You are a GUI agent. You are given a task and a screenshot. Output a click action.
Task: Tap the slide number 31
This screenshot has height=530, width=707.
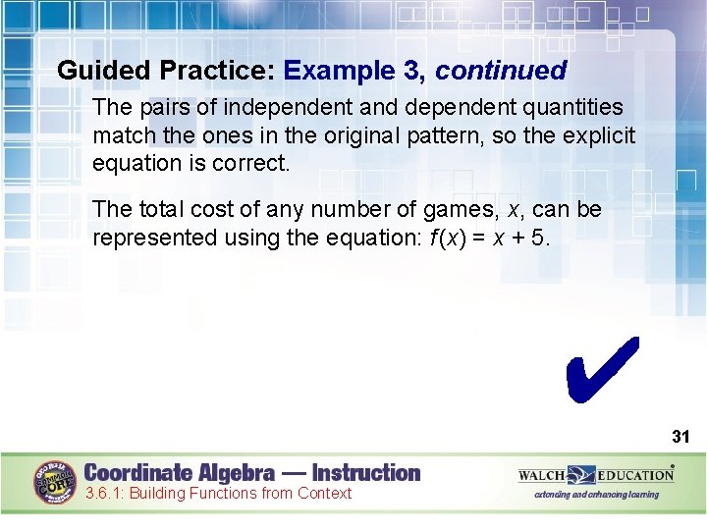[x=680, y=436]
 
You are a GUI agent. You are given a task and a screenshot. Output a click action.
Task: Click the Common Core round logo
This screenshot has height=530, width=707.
[x=56, y=481]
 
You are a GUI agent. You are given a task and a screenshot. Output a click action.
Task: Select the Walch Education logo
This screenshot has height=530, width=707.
[x=596, y=475]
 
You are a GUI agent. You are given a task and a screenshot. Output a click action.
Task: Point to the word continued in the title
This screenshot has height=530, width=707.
[x=501, y=71]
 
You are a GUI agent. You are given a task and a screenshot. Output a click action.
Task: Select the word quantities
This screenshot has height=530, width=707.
[x=575, y=106]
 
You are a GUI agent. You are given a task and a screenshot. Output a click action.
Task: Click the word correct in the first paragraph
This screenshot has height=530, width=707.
[x=249, y=162]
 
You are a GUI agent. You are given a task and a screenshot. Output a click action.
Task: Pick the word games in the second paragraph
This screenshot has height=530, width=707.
[x=455, y=210]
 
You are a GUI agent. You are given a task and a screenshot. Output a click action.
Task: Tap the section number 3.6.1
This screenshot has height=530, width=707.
[x=104, y=494]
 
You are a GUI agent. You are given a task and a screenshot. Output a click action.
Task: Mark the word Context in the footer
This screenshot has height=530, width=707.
[x=320, y=494]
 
